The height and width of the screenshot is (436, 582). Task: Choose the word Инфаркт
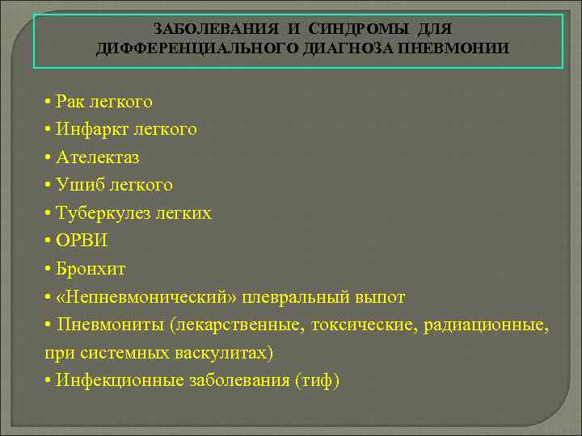pos(89,129)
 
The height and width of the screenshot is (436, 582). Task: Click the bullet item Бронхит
pos(91,269)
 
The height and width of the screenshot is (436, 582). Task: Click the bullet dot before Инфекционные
pos(49,381)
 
